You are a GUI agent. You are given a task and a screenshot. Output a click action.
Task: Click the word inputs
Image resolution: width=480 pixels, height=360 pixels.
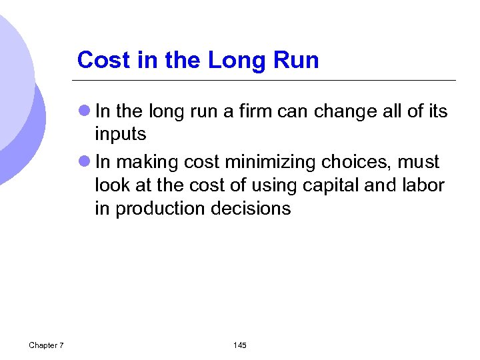click(121, 134)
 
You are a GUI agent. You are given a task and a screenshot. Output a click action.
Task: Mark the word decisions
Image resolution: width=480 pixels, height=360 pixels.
click(251, 209)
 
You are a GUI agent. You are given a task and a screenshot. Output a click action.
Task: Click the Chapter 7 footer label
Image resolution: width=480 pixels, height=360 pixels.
click(46, 345)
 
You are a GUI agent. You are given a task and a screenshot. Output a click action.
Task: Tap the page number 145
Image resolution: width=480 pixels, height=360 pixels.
click(240, 345)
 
